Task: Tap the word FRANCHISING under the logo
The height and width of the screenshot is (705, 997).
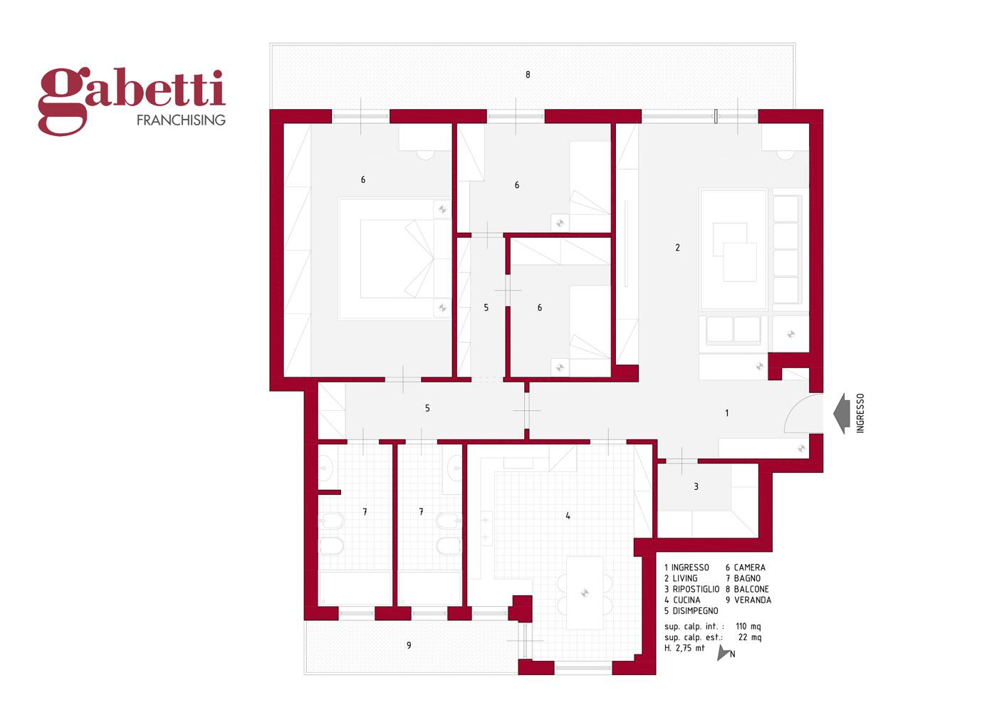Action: pyautogui.click(x=181, y=120)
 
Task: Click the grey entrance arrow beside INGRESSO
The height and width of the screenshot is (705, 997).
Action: pyautogui.click(x=842, y=414)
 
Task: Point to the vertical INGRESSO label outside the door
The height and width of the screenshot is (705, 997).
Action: pyautogui.click(x=860, y=413)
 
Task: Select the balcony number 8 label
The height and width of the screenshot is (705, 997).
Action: pyautogui.click(x=528, y=75)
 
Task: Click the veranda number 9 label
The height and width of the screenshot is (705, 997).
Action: pyautogui.click(x=409, y=645)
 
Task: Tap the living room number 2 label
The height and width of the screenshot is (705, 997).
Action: pyautogui.click(x=677, y=248)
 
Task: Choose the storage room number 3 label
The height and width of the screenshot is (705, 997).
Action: pyautogui.click(x=696, y=487)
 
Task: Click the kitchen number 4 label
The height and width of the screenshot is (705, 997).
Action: pyautogui.click(x=568, y=516)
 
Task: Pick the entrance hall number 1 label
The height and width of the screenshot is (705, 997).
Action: pyautogui.click(x=727, y=413)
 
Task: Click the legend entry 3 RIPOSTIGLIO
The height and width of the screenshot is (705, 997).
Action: pyautogui.click(x=691, y=590)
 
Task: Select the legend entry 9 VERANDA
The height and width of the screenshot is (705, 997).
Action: pyautogui.click(x=748, y=600)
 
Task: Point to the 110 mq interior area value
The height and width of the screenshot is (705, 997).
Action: pyautogui.click(x=748, y=627)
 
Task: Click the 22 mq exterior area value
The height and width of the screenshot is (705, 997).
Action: pyautogui.click(x=749, y=637)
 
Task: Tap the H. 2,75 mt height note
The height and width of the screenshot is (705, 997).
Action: pyautogui.click(x=684, y=648)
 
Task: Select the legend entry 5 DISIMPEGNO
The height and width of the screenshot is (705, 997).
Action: pyautogui.click(x=691, y=611)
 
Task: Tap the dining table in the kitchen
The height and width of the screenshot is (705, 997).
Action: pyautogui.click(x=585, y=592)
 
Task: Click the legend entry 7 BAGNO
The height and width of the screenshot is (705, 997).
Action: pyautogui.click(x=743, y=578)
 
